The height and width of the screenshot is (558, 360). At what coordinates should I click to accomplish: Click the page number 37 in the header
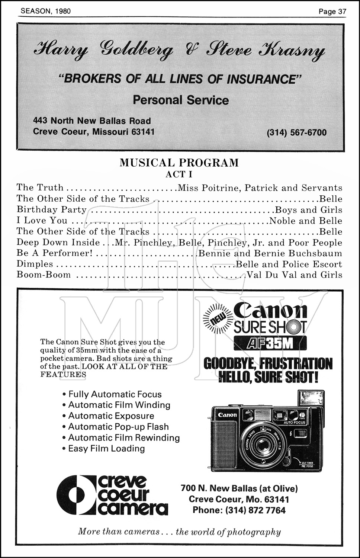pyautogui.click(x=342, y=12)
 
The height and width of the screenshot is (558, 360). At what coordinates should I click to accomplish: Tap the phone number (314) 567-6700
pyautogui.click(x=296, y=133)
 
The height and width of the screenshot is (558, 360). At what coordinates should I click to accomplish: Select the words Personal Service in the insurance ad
pyautogui.click(x=181, y=100)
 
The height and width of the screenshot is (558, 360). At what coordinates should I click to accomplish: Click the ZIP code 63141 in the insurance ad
pyautogui.click(x=143, y=132)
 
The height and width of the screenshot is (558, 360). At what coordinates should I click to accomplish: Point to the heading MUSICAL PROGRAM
pyautogui.click(x=179, y=163)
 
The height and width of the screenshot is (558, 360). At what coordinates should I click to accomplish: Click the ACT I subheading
pyautogui.click(x=179, y=174)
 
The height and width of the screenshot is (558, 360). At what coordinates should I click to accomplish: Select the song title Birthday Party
pyautogui.click(x=51, y=210)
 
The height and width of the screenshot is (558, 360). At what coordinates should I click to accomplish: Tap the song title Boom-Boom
pyautogui.click(x=44, y=275)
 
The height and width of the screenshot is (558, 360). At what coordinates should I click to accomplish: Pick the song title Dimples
pyautogui.click(x=35, y=264)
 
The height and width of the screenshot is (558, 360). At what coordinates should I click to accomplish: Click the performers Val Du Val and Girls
pyautogui.click(x=294, y=275)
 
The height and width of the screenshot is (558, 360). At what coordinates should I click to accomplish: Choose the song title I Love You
pyautogui.click(x=42, y=221)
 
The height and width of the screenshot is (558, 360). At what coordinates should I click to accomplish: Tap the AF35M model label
pyautogui.click(x=270, y=343)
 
